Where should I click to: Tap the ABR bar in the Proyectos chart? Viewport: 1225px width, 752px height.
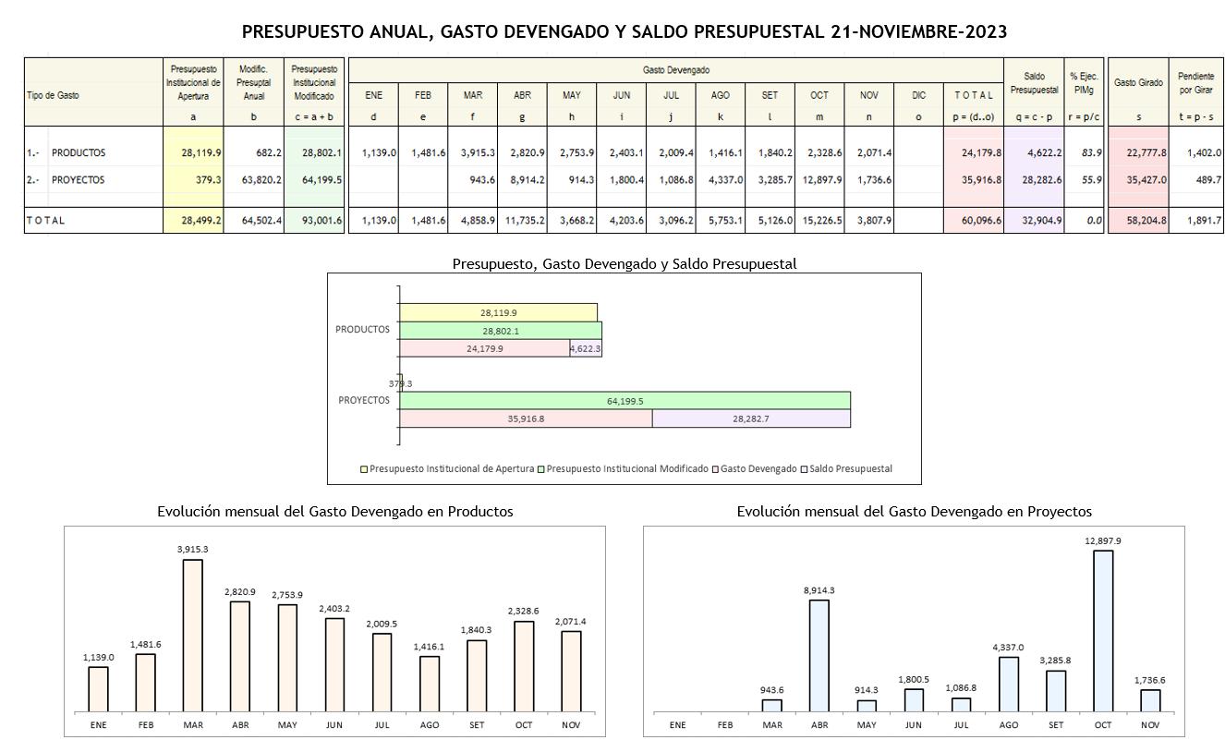(819, 656)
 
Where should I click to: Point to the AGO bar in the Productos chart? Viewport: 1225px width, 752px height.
(430, 684)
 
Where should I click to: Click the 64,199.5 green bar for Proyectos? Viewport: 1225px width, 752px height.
(625, 401)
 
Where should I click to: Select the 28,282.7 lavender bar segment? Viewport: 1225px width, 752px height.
(751, 418)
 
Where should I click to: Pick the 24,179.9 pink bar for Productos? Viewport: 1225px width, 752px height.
(485, 348)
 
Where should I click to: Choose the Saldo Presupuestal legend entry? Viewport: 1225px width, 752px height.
(850, 468)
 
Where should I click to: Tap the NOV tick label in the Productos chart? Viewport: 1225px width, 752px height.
(571, 725)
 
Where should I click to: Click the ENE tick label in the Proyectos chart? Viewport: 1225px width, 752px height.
(677, 725)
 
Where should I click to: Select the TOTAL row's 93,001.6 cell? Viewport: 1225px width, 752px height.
(314, 220)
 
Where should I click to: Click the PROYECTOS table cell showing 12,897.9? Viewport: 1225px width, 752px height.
(819, 180)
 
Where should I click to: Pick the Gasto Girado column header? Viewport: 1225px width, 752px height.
(1138, 83)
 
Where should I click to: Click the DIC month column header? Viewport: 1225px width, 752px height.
(918, 95)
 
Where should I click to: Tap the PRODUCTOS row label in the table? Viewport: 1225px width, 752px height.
(79, 152)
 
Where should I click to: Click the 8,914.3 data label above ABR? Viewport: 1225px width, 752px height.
(819, 590)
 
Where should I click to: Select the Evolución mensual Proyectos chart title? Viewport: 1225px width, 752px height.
(914, 511)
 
